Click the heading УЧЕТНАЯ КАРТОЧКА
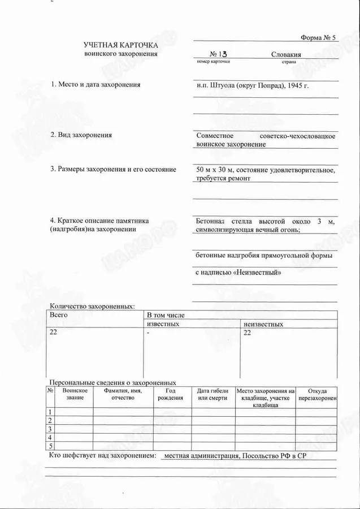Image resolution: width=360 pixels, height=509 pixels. (121, 45)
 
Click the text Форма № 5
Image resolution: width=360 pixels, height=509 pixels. (318, 38)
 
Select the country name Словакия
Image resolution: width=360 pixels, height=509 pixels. (286, 54)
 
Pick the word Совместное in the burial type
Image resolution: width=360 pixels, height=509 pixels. (215, 136)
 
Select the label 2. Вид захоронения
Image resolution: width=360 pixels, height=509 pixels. (81, 135)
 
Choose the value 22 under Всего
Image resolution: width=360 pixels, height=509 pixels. (54, 333)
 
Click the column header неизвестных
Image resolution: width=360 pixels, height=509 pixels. (263, 324)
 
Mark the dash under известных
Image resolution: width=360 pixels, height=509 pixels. (149, 333)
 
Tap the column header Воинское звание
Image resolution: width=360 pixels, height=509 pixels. (75, 394)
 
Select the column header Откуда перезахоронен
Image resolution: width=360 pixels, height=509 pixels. (316, 394)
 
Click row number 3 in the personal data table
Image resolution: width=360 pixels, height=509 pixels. (50, 429)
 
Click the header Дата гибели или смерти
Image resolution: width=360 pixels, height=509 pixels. (212, 394)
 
